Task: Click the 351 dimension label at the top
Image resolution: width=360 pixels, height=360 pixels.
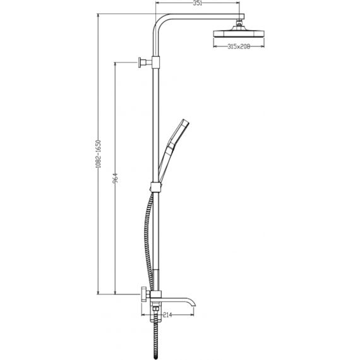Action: coord(197,3)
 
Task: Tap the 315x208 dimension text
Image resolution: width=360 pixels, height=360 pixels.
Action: coord(239,47)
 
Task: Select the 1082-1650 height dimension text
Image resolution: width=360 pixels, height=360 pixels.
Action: coord(99,154)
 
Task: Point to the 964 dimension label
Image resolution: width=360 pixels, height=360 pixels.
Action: coord(115,179)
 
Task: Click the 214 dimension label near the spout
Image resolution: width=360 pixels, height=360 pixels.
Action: coord(167,315)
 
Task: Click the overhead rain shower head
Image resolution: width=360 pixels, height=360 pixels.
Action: coord(239,32)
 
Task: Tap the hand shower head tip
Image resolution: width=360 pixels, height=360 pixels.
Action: coord(184,122)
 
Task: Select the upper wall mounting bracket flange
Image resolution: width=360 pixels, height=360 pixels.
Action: coord(140,63)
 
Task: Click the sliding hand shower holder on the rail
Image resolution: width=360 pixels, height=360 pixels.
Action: coord(156,187)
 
